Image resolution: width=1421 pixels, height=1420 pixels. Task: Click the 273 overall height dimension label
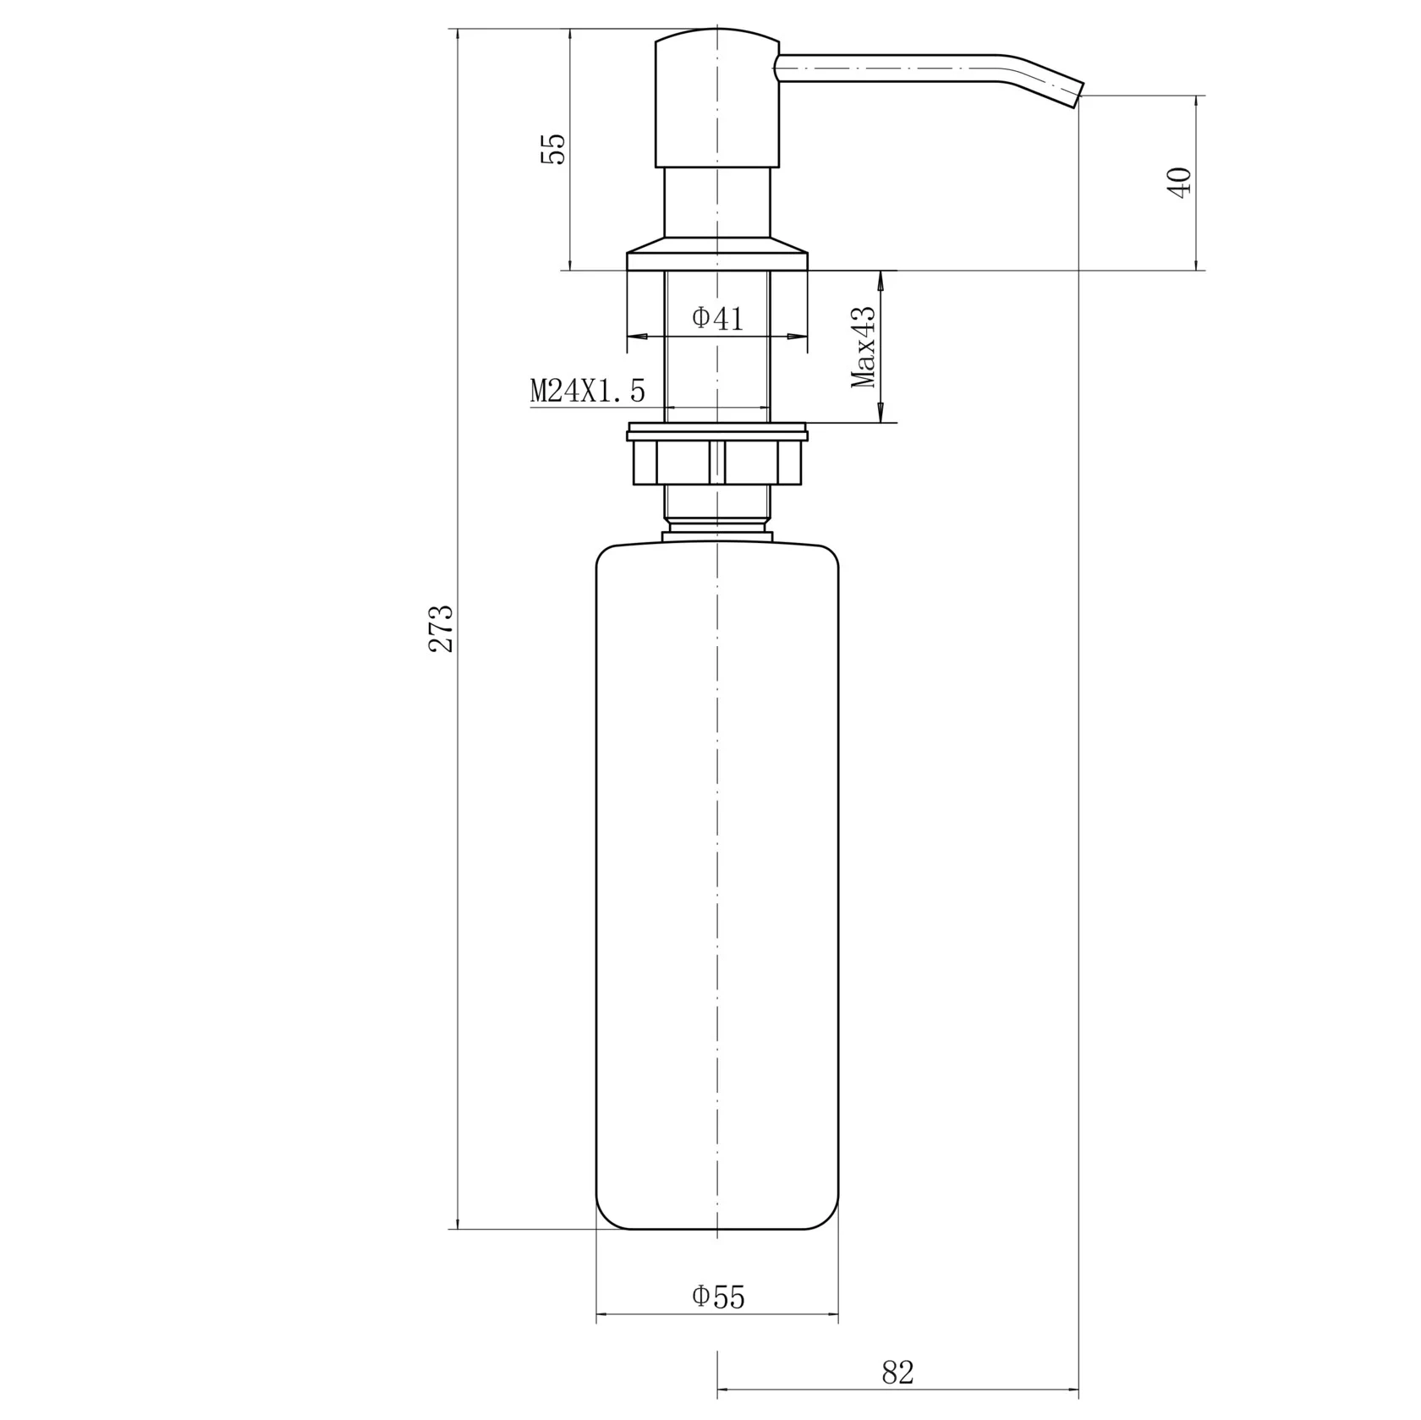[x=441, y=628]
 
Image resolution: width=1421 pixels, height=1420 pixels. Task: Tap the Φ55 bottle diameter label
[x=718, y=1296]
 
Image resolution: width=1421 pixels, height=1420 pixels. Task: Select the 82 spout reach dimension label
[x=897, y=1372]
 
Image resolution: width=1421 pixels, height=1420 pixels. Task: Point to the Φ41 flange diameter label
[x=717, y=318]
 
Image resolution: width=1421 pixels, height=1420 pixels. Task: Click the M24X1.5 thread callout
[x=587, y=391]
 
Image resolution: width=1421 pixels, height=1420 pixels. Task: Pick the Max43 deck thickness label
[x=864, y=346]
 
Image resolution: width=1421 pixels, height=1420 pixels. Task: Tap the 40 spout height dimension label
[x=1179, y=183]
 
